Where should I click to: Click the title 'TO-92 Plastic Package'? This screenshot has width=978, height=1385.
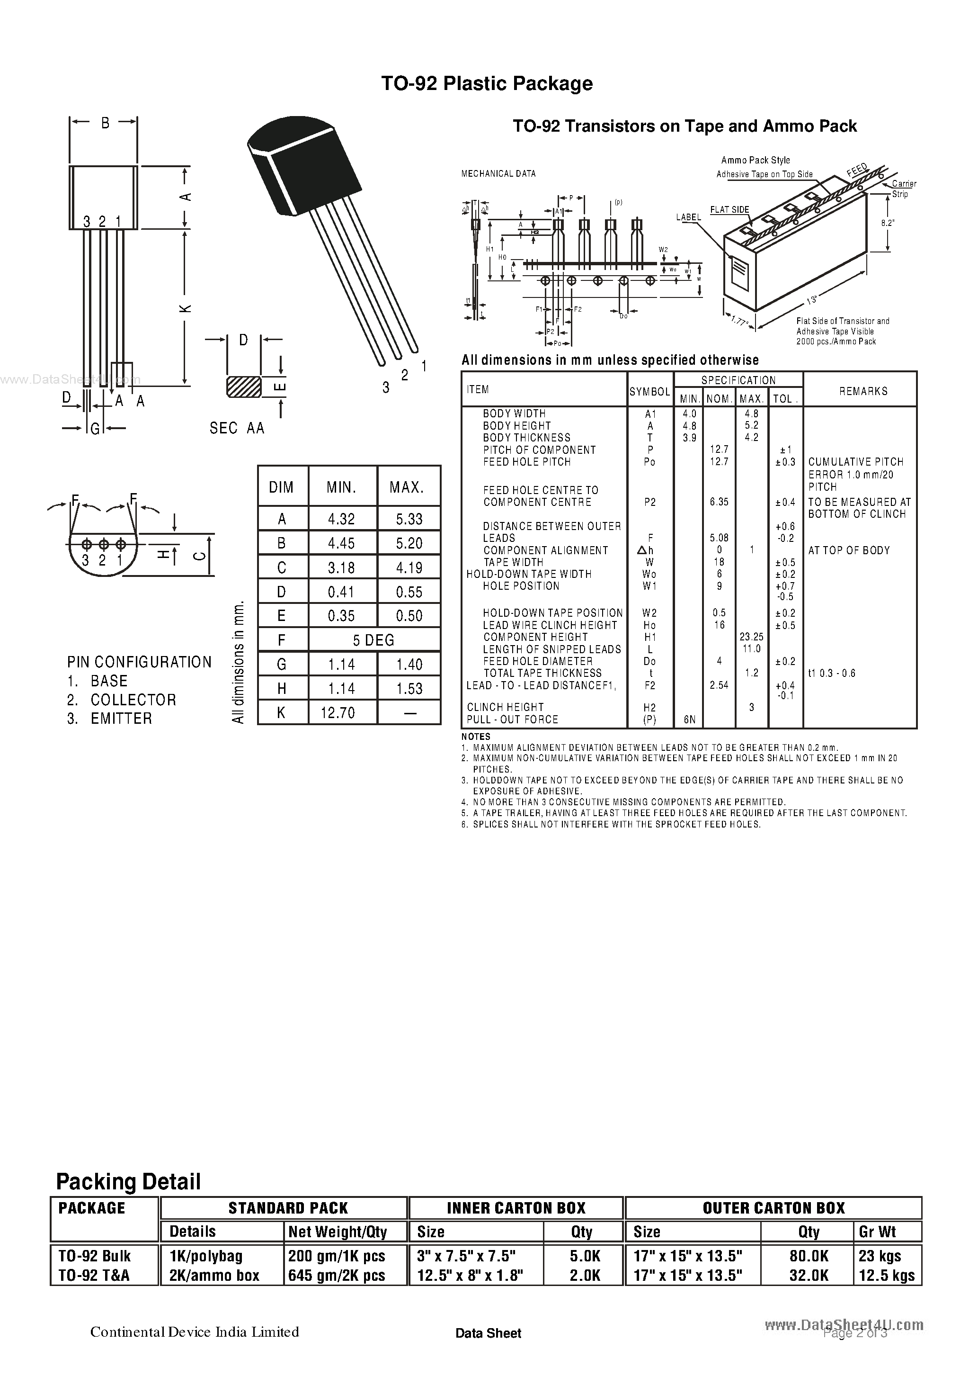click(487, 83)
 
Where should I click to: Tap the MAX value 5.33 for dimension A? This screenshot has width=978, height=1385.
click(409, 519)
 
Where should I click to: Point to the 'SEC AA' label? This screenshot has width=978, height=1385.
click(237, 428)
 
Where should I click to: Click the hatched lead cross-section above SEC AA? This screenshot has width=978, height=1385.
click(244, 387)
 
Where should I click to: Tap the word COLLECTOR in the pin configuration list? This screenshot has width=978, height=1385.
click(133, 700)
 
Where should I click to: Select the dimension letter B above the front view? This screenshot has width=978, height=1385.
click(105, 123)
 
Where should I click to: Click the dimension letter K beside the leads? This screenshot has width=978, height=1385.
click(186, 308)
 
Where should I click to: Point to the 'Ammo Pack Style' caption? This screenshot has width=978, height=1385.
click(756, 160)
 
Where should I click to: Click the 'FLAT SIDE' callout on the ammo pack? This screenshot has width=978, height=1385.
click(729, 210)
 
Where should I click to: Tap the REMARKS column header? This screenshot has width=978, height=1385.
click(863, 391)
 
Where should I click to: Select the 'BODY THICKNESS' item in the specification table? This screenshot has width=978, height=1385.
click(526, 437)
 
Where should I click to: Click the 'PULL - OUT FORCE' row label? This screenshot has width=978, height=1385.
click(513, 719)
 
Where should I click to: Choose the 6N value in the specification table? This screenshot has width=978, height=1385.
click(689, 719)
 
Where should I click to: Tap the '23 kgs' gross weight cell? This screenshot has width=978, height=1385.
click(879, 1255)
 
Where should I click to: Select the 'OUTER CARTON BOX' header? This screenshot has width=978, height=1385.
click(774, 1208)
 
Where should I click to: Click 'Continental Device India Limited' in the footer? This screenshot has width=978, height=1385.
click(194, 1331)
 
